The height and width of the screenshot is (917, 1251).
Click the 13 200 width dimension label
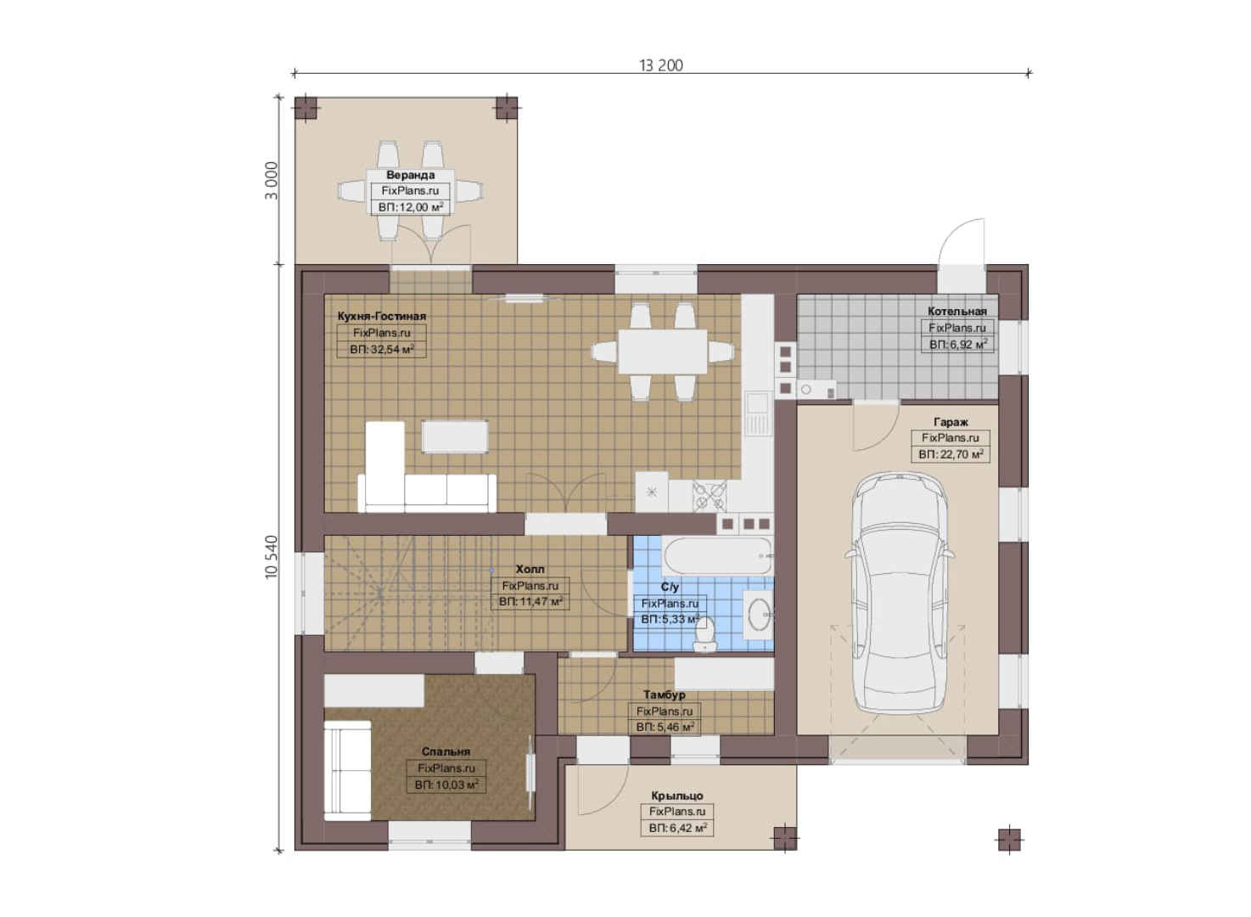pyautogui.click(x=661, y=65)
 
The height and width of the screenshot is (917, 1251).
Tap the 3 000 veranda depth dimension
pyautogui.click(x=272, y=181)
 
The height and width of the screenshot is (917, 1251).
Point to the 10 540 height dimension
pyautogui.click(x=272, y=557)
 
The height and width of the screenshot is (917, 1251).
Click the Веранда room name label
pyautogui.click(x=411, y=175)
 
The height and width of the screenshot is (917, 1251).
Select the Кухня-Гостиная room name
pyautogui.click(x=381, y=317)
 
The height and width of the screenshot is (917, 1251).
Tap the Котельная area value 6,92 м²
pyautogui.click(x=958, y=345)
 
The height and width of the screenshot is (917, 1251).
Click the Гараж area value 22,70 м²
pyautogui.click(x=951, y=454)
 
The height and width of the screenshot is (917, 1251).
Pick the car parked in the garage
pyautogui.click(x=898, y=594)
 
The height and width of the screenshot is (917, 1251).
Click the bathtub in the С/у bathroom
pyautogui.click(x=718, y=556)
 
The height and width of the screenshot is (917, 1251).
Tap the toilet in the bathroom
pyautogui.click(x=704, y=635)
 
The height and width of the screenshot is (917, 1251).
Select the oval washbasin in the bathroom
pyautogui.click(x=759, y=616)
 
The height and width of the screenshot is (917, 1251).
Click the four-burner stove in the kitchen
pyautogui.click(x=710, y=496)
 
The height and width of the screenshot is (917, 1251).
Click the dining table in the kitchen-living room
pyautogui.click(x=662, y=352)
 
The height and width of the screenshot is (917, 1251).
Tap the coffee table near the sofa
pyautogui.click(x=455, y=437)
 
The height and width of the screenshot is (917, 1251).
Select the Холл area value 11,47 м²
pyautogui.click(x=530, y=602)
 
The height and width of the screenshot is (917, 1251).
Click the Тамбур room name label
pyautogui.click(x=664, y=695)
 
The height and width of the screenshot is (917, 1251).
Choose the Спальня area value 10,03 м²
pyautogui.click(x=446, y=785)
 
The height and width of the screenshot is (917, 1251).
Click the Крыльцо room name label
pyautogui.click(x=677, y=796)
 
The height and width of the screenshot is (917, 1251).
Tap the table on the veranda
pyautogui.click(x=411, y=191)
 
